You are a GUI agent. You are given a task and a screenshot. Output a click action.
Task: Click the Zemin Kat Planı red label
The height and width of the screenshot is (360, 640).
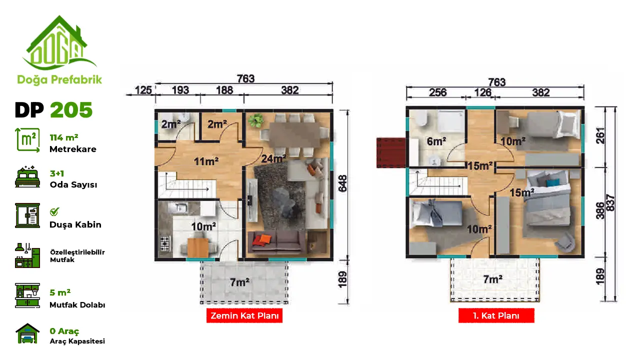(x=244, y=315)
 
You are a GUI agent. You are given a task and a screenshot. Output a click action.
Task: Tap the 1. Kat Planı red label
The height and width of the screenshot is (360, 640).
(x=496, y=315)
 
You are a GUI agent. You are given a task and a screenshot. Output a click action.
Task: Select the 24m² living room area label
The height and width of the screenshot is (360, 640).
(x=274, y=158)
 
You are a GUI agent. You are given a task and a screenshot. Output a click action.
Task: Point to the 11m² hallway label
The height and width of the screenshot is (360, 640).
(x=206, y=161)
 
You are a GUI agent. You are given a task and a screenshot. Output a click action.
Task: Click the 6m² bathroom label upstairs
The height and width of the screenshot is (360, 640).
(x=436, y=141)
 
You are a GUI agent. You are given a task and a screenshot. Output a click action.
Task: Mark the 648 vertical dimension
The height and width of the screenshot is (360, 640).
(x=342, y=183)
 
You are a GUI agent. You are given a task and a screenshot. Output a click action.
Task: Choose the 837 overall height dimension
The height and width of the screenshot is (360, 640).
(x=610, y=202)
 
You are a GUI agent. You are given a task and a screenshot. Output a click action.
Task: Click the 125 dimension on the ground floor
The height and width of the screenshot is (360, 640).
(x=143, y=90)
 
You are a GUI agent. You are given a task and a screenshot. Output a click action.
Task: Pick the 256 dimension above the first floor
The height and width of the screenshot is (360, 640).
(x=437, y=92)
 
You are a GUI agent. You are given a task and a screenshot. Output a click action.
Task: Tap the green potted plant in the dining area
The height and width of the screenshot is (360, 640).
(x=255, y=120)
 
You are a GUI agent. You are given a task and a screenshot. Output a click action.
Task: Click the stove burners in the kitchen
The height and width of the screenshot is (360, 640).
(x=165, y=243)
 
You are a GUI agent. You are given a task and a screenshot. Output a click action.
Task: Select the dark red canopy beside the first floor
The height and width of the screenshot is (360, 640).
(x=391, y=152)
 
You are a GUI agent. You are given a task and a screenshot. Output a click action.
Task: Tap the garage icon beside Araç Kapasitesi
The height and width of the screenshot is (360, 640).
(x=27, y=333)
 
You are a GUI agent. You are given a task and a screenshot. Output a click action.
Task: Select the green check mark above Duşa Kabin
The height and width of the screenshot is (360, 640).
(x=54, y=211)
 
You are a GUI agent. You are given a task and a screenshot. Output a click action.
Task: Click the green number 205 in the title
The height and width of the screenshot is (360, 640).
(x=71, y=110)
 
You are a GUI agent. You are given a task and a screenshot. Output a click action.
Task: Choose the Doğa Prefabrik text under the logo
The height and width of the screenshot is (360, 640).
(x=59, y=79)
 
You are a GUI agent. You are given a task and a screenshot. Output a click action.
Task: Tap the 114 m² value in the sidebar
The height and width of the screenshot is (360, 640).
(x=64, y=137)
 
